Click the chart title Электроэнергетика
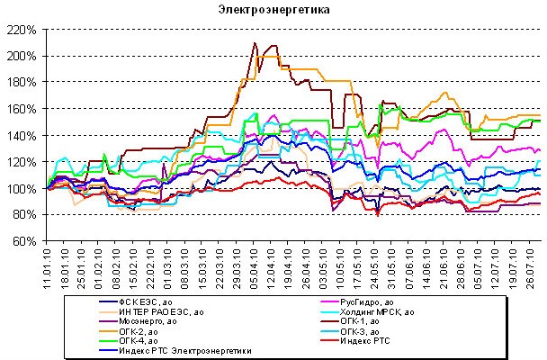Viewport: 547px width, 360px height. click(x=273, y=11)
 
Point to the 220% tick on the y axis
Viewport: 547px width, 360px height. click(x=22, y=30)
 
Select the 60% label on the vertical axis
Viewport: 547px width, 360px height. click(x=25, y=242)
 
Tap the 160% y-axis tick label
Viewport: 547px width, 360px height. click(x=22, y=109)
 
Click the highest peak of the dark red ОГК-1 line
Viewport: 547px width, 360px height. click(x=255, y=43)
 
